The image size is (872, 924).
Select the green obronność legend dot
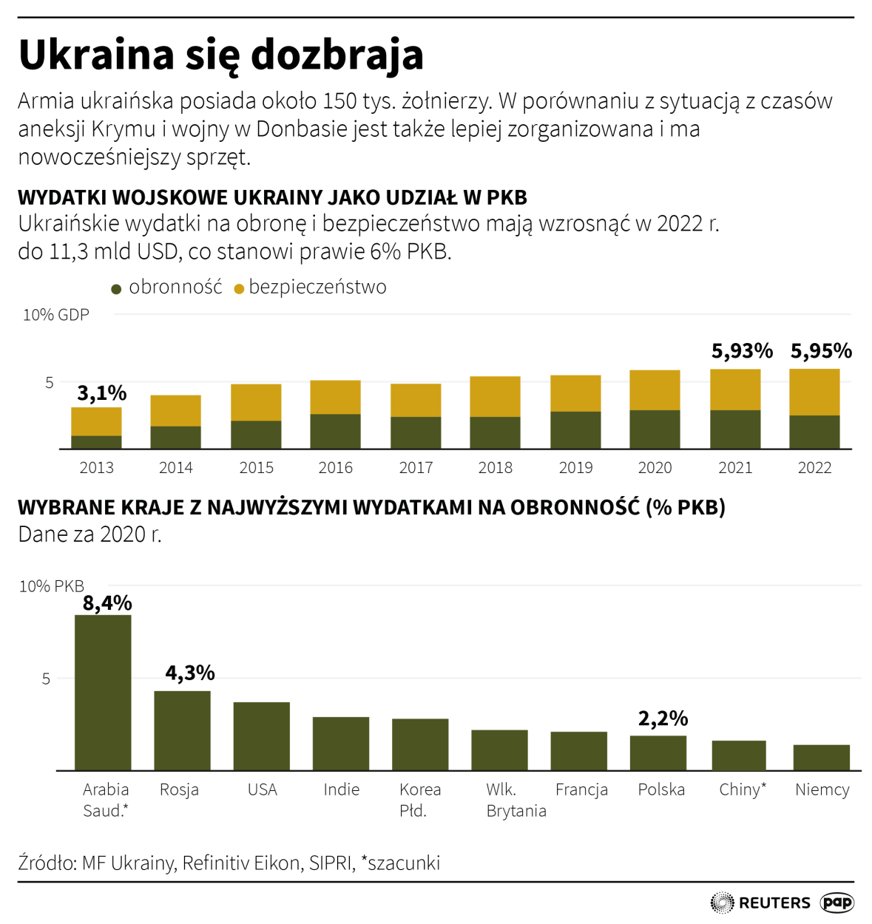click(x=116, y=289)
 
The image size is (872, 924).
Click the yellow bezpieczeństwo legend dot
click(x=239, y=289)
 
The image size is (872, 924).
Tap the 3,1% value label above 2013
click(x=102, y=393)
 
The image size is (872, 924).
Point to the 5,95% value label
click(x=821, y=351)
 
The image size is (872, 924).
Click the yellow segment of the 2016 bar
click(x=336, y=397)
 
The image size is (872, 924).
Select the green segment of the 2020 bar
click(x=655, y=429)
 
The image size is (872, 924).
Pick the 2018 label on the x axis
click(x=496, y=468)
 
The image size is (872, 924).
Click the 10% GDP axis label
click(x=56, y=315)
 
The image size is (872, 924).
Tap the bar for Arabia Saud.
click(x=103, y=693)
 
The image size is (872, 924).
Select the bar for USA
click(x=262, y=736)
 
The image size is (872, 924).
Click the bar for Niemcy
click(x=821, y=758)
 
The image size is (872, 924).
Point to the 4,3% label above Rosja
click(x=190, y=673)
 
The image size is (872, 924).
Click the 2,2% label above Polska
click(x=663, y=719)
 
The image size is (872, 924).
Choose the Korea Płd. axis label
click(x=420, y=800)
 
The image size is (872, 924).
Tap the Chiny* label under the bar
click(x=743, y=789)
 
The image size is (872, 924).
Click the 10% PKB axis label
click(x=52, y=586)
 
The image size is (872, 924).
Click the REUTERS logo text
click(x=774, y=903)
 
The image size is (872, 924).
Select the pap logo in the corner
click(x=837, y=903)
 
